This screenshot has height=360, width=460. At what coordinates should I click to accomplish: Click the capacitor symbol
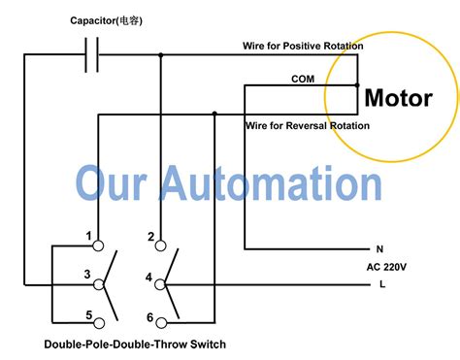[95, 55]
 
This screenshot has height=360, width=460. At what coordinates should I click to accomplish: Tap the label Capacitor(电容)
[106, 20]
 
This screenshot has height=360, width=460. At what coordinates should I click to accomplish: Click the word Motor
[398, 98]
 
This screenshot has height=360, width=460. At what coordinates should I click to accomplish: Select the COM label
[303, 80]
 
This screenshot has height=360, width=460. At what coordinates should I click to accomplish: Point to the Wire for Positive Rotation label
[303, 46]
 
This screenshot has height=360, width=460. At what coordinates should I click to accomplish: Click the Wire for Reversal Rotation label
[307, 126]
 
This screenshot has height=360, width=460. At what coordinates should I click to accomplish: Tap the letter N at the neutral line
[378, 249]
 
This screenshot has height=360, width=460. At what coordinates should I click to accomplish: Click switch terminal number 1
[88, 237]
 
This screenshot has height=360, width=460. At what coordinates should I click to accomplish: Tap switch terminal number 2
[150, 237]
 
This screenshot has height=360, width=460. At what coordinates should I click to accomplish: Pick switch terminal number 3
[88, 277]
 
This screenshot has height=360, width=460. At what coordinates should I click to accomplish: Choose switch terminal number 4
[148, 278]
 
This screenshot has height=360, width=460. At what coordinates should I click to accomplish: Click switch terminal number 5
[88, 316]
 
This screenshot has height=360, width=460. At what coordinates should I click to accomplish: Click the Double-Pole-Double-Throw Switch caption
[135, 344]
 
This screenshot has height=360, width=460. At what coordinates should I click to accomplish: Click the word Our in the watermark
[114, 182]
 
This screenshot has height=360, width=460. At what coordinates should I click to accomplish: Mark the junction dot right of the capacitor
[161, 55]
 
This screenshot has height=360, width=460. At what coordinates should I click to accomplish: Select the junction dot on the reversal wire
[213, 115]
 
